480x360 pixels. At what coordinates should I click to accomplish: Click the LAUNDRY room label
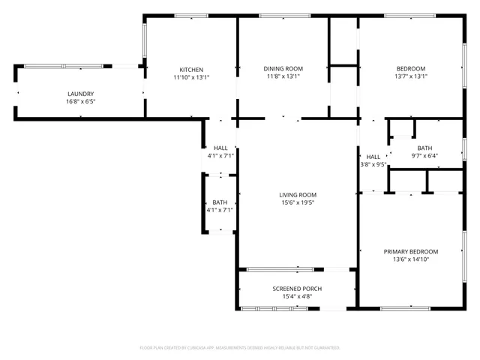click(x=81, y=94)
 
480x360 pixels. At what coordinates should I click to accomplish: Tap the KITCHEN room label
click(x=191, y=70)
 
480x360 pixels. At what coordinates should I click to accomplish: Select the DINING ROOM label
click(x=283, y=69)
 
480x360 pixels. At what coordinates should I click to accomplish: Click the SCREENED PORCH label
click(x=297, y=289)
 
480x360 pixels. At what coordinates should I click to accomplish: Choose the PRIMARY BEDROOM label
click(x=411, y=252)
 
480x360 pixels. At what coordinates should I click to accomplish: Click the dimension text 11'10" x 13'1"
click(x=191, y=76)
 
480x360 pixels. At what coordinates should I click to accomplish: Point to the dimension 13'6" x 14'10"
click(x=411, y=259)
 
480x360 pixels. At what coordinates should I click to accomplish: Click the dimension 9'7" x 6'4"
click(x=425, y=156)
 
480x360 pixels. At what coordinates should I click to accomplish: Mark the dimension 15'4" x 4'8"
click(x=297, y=296)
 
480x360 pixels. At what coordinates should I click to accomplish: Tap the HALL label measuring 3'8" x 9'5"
click(x=373, y=157)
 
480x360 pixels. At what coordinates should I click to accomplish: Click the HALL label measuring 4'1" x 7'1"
click(x=220, y=148)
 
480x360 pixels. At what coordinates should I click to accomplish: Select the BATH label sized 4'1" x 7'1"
click(x=220, y=202)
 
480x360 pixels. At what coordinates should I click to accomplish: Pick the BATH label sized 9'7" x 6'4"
click(x=425, y=148)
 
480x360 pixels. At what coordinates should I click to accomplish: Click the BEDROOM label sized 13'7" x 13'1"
click(x=411, y=69)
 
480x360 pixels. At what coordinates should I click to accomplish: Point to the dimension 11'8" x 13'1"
click(x=283, y=76)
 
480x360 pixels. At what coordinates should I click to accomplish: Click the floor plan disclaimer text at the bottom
click(x=240, y=348)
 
